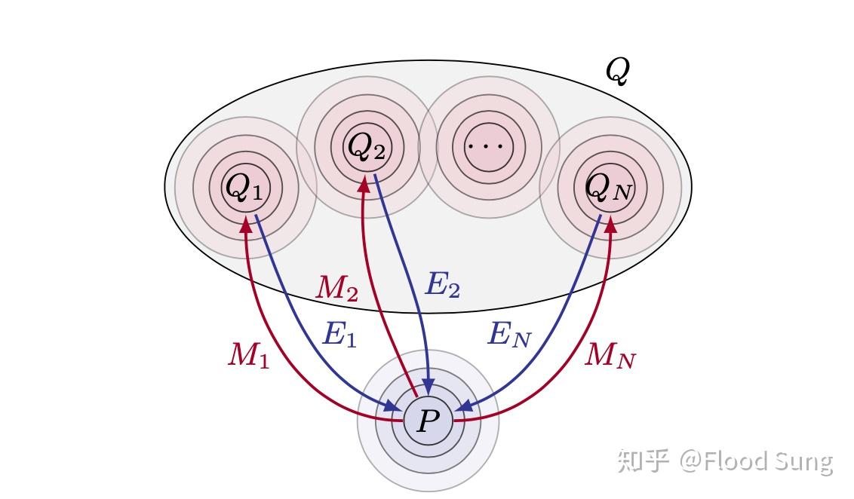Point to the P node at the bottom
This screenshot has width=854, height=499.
tap(428, 421)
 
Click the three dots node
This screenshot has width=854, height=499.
tap(488, 146)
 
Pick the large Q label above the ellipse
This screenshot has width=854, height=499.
tap(617, 72)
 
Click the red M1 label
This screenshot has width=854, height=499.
tap(249, 354)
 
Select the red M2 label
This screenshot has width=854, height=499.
tap(336, 287)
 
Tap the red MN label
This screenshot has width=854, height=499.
tap(610, 354)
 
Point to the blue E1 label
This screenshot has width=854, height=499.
tap(339, 334)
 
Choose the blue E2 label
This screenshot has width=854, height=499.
tap(443, 286)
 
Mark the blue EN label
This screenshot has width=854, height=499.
tap(509, 334)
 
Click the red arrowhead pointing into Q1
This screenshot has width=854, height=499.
tap(245, 224)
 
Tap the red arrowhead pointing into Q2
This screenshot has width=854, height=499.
tap(364, 181)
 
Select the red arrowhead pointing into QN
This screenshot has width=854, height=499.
tap(610, 224)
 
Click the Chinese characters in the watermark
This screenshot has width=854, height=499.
tap(644, 460)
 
